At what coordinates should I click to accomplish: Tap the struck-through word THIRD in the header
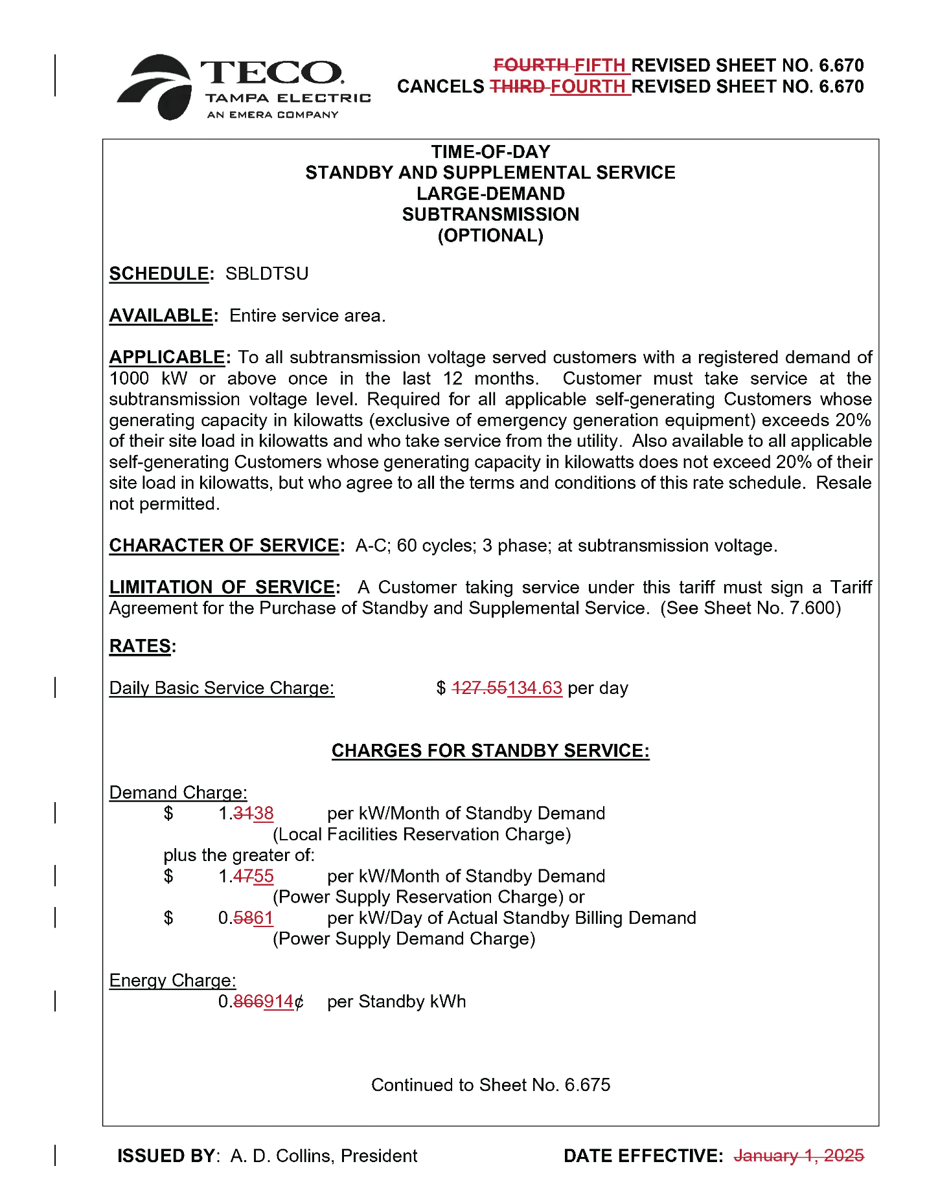coord(516,86)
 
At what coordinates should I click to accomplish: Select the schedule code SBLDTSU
coord(266,273)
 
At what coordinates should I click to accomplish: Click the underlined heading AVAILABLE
coord(161,315)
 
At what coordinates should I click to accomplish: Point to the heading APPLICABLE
coord(167,357)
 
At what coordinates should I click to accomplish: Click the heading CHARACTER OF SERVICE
coord(223,545)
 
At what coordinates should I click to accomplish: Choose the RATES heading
coord(140,645)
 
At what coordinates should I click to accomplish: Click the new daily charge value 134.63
coord(534,688)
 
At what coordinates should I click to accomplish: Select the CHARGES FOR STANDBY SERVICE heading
coord(490,750)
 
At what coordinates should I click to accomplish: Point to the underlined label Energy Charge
coord(172,980)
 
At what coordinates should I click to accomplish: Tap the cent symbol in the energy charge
coord(299,1002)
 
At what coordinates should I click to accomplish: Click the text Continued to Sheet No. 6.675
coord(490,1084)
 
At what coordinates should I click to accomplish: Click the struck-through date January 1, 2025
coord(798,1156)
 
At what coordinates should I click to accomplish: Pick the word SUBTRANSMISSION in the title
coord(490,214)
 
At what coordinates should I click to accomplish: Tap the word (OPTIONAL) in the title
coord(490,235)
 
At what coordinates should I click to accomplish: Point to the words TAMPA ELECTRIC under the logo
coord(288,98)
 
